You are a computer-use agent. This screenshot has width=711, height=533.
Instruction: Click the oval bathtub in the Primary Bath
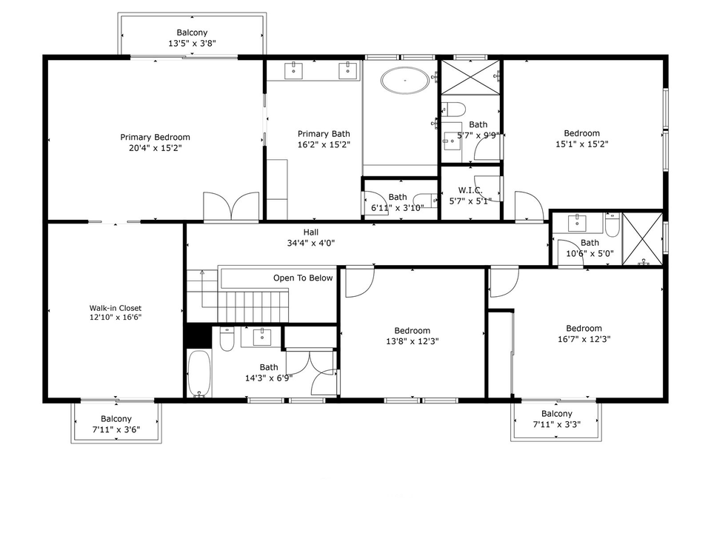[405, 80]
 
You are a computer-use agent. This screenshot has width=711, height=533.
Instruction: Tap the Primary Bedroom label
[156, 137]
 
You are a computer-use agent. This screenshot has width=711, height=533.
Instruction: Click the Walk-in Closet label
[116, 308]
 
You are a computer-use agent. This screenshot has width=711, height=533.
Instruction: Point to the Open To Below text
[303, 278]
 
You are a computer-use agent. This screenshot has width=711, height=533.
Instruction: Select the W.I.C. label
[470, 190]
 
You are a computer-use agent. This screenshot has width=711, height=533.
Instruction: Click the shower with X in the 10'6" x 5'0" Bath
[642, 238]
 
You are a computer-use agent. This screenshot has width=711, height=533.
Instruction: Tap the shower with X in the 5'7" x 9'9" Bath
[470, 76]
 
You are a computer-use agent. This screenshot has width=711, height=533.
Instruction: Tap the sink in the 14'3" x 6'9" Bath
[262, 337]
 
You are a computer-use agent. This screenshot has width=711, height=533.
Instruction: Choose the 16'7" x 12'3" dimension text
[584, 339]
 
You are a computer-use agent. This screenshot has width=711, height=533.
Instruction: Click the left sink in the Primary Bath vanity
[294, 70]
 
